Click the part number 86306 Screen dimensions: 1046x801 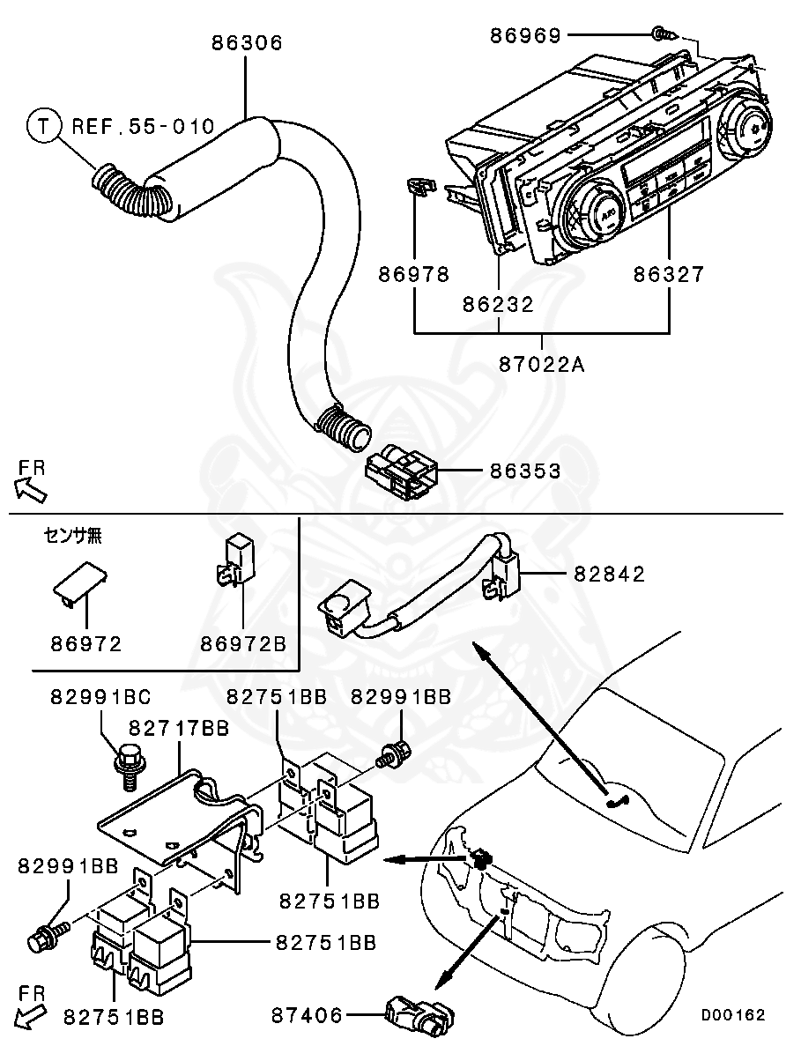click(x=247, y=42)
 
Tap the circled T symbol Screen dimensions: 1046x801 click(x=42, y=127)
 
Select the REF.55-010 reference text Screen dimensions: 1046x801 click(x=143, y=127)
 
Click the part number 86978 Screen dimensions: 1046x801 click(x=414, y=275)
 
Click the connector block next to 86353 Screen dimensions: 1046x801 click(x=401, y=476)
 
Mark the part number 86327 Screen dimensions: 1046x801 click(x=669, y=275)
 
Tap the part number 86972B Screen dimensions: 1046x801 click(x=242, y=644)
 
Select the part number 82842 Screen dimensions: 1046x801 click(x=610, y=575)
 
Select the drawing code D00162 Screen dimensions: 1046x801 click(x=733, y=1015)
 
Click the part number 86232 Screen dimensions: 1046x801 click(x=499, y=304)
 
